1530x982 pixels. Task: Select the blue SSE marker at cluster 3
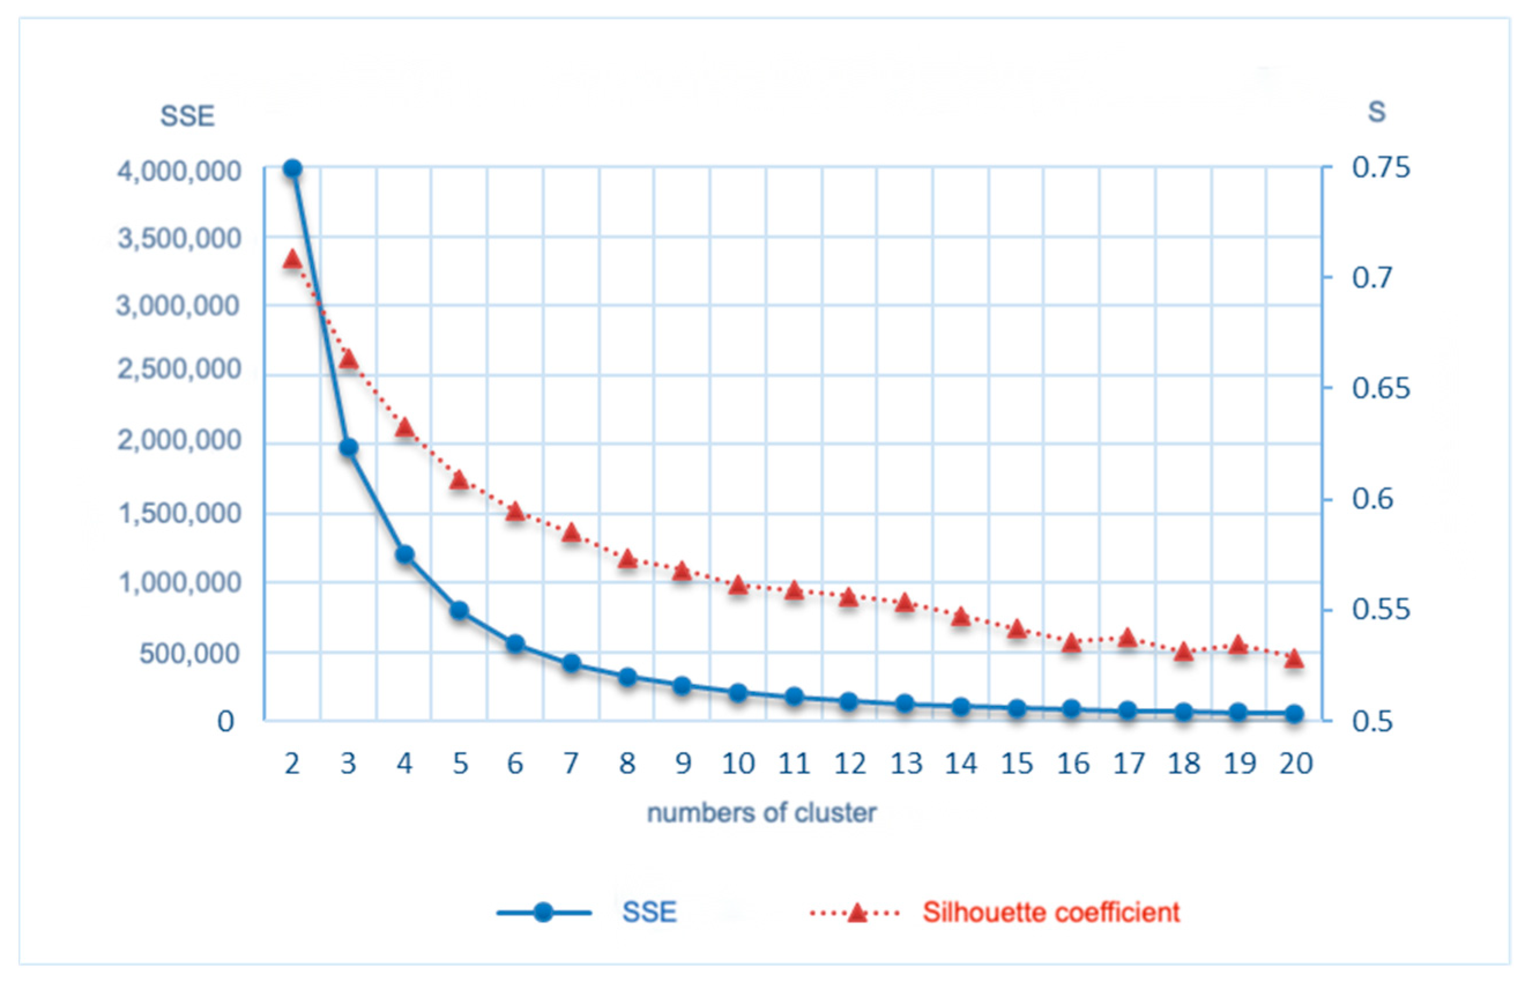348,447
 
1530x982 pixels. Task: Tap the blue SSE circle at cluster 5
460,610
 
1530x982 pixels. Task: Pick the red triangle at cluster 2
293,260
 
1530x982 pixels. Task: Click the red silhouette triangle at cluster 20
1294,659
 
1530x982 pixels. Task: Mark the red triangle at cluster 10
738,585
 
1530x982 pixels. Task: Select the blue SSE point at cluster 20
1294,713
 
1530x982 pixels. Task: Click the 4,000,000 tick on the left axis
179,171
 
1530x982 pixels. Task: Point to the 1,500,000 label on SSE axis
180,513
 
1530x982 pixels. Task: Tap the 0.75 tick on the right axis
1381,168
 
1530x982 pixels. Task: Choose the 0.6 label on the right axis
1372,499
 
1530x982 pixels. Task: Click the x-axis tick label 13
905,763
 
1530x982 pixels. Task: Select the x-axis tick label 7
571,763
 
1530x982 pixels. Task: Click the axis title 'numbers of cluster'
762,813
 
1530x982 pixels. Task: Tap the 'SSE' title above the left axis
187,116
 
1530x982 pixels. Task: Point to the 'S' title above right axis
1377,112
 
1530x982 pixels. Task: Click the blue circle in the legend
543,913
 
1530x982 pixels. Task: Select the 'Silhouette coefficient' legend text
1051,913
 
